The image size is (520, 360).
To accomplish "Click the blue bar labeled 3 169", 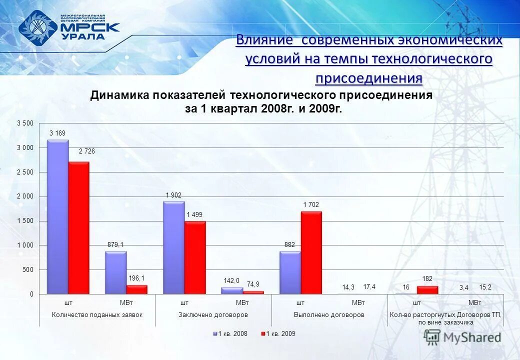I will [x=57, y=217].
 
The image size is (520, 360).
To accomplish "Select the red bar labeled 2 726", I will [x=79, y=228].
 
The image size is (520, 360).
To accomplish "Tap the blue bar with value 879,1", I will [x=115, y=272].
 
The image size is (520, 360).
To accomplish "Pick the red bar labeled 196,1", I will [x=137, y=289].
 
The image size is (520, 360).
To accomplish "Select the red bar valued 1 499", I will [x=195, y=257].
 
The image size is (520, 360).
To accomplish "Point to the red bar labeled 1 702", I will [x=311, y=252].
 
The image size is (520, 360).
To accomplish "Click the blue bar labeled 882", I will [x=290, y=272].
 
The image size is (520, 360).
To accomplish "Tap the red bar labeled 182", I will [x=427, y=290].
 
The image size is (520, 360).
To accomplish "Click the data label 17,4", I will [x=369, y=287].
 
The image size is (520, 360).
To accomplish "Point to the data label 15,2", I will [x=485, y=287].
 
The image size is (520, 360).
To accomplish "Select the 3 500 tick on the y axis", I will [x=25, y=123].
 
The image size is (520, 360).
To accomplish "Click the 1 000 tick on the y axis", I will [x=25, y=245].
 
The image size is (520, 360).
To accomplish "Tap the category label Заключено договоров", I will [x=213, y=315].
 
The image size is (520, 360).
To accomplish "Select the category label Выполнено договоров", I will [x=329, y=315].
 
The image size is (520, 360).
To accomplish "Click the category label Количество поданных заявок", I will [x=97, y=315].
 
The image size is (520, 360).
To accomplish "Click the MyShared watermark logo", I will [x=462, y=337].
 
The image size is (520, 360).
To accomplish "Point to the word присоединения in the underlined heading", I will [x=368, y=78].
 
